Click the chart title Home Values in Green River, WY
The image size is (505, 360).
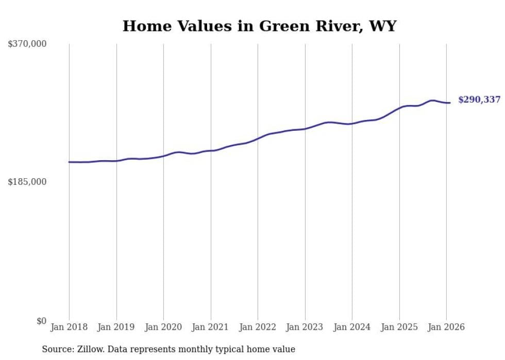coord(259,26)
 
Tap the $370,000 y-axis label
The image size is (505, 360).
coord(27,44)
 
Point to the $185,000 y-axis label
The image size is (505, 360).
coord(27,182)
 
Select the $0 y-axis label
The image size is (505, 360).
coord(41,321)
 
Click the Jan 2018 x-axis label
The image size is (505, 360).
coord(69,327)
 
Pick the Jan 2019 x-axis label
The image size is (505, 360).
coord(116,327)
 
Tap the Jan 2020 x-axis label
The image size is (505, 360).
coord(163,327)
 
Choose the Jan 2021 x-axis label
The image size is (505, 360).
coord(211,327)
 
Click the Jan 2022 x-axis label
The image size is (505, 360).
coord(258,327)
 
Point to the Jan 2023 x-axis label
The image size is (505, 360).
coord(305,327)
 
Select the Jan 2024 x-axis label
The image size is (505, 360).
coord(352,327)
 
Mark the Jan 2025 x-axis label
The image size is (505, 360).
coord(399,327)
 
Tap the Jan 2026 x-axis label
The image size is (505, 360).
coord(446,327)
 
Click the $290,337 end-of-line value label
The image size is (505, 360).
coord(479,100)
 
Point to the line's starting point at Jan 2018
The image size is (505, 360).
coord(69,162)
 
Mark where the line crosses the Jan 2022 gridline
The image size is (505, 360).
coord(258,138)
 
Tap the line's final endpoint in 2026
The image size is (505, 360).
coord(450,103)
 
